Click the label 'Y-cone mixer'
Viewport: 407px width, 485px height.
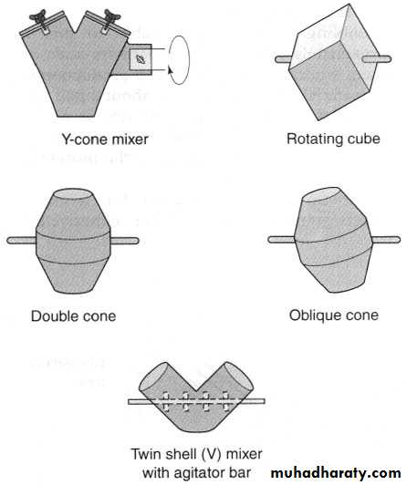click(x=105, y=139)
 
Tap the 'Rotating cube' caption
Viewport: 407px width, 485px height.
click(x=333, y=139)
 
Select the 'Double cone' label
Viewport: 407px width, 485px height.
click(x=74, y=316)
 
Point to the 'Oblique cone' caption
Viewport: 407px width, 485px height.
click(x=334, y=315)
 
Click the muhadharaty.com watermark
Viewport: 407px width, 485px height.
click(x=336, y=473)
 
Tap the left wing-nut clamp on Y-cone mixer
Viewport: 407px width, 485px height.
click(x=39, y=18)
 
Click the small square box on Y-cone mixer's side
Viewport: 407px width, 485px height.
click(x=141, y=58)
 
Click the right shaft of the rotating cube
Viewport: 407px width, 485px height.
click(x=377, y=58)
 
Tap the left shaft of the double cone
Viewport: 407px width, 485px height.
click(x=22, y=241)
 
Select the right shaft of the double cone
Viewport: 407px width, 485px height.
click(x=124, y=241)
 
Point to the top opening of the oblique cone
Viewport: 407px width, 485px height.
click(x=320, y=194)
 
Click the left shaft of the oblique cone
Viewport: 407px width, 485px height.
click(x=282, y=240)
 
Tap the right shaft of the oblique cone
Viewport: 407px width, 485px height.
click(x=386, y=240)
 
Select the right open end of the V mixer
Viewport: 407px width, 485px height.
click(x=238, y=377)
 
